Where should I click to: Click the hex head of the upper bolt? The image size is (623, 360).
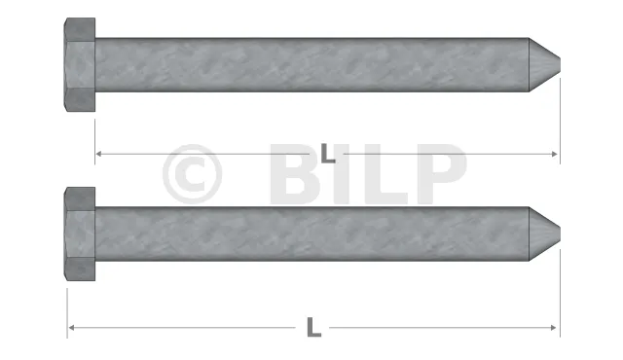[x=80, y=64]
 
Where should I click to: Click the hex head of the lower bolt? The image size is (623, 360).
[x=80, y=234]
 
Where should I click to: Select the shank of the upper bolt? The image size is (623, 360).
[x=311, y=64]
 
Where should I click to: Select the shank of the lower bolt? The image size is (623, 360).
[x=311, y=234]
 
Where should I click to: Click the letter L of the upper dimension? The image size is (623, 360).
[x=328, y=153]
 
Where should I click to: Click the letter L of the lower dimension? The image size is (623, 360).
[x=313, y=328]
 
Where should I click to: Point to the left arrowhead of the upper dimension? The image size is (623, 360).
[x=99, y=154]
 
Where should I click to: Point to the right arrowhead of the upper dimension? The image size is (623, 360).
[x=555, y=154]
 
